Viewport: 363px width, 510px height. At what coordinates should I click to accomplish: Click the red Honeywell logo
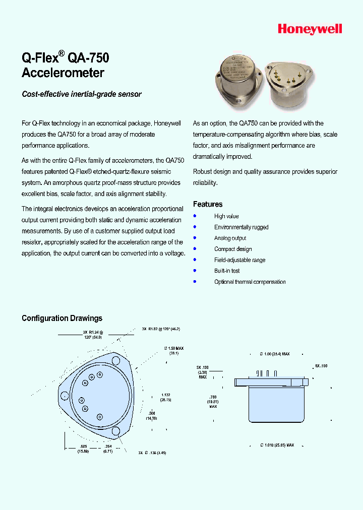[310, 29]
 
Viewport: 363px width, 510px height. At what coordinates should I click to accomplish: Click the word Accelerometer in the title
[63, 73]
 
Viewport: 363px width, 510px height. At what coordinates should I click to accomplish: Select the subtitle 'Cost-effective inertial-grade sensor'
[82, 94]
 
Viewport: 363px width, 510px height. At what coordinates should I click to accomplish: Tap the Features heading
[208, 204]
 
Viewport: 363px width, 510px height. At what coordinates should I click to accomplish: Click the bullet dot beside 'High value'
[195, 216]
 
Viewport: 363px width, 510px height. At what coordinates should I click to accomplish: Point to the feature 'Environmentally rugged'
[241, 227]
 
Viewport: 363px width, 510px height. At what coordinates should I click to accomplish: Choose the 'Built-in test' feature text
[227, 271]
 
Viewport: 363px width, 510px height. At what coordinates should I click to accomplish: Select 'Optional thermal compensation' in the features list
[250, 282]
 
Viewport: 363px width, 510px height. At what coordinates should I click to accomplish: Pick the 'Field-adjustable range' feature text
[239, 260]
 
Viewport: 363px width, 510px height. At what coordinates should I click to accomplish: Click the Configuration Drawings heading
[62, 318]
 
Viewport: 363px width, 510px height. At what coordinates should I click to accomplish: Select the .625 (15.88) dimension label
[83, 449]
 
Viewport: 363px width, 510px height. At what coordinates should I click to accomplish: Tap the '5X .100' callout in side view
[321, 365]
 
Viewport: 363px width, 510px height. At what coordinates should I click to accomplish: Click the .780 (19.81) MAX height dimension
[212, 402]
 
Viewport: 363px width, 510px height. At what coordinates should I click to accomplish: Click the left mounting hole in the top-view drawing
[65, 395]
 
